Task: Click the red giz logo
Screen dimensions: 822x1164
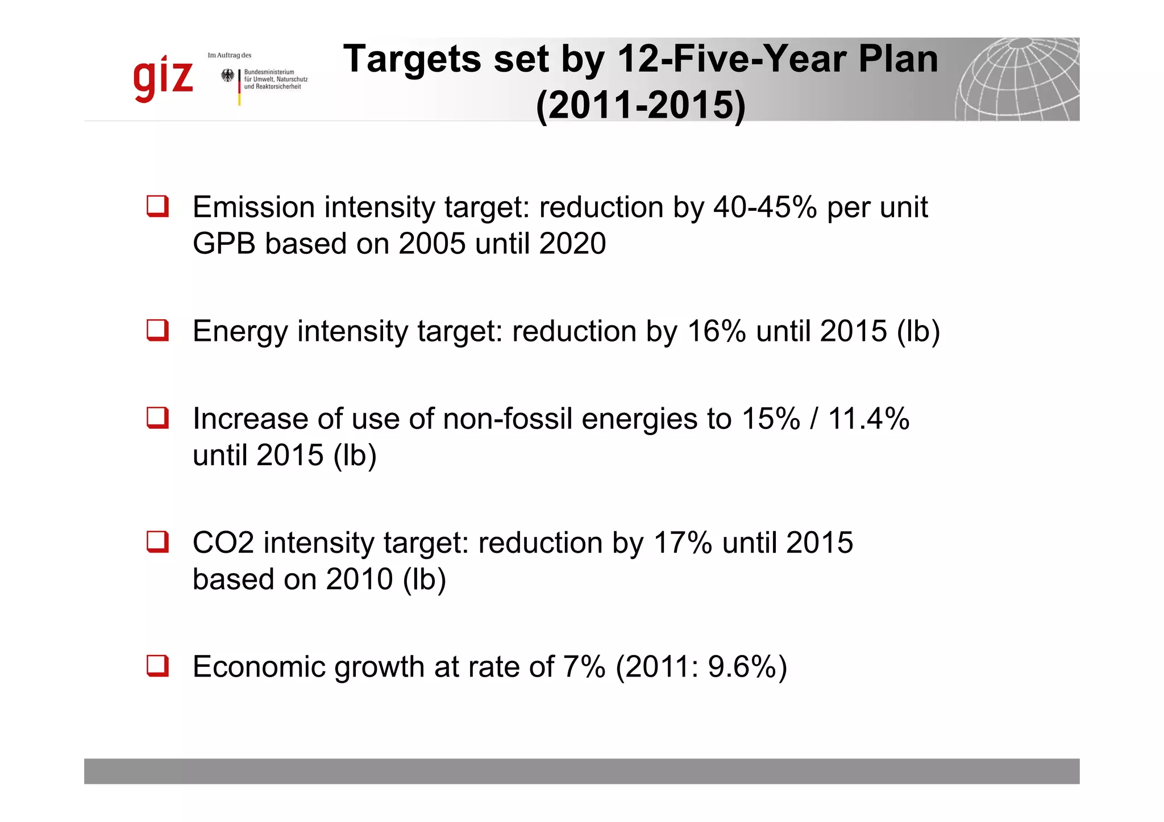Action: point(163,80)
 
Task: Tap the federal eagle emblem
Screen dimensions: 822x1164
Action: point(227,76)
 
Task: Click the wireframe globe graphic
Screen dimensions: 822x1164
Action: point(1017,80)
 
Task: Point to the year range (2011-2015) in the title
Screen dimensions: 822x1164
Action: point(641,105)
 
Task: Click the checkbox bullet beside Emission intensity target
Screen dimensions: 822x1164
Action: point(157,206)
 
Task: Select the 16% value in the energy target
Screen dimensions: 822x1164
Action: point(716,331)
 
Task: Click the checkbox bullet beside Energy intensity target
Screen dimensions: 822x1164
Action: point(157,330)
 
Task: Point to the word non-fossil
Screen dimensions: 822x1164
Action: point(507,419)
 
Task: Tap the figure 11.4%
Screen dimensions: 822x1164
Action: point(868,419)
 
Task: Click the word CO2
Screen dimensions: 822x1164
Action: point(223,543)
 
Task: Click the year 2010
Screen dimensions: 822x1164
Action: point(359,579)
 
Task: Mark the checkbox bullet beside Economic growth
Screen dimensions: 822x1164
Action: point(157,665)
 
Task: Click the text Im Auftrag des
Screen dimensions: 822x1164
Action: point(230,55)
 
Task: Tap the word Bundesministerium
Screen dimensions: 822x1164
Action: point(269,72)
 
